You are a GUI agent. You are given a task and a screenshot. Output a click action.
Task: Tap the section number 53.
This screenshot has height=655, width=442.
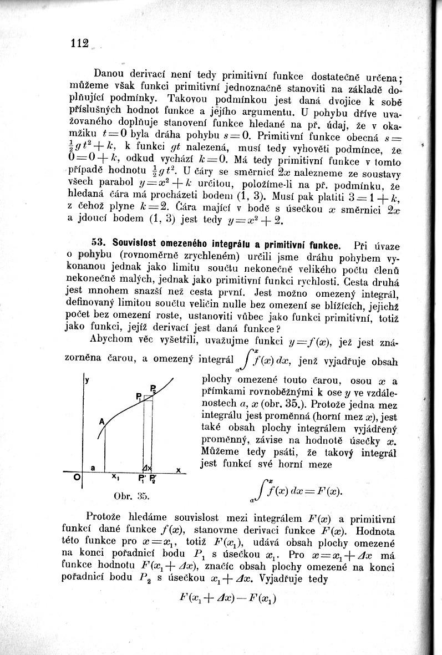(x=98, y=245)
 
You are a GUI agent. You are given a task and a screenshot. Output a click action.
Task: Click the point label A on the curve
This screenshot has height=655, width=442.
(x=101, y=422)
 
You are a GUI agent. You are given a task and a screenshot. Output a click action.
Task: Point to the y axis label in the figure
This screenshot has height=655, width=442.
(x=87, y=381)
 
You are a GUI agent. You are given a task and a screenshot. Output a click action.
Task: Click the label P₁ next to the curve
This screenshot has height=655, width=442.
(x=139, y=395)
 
